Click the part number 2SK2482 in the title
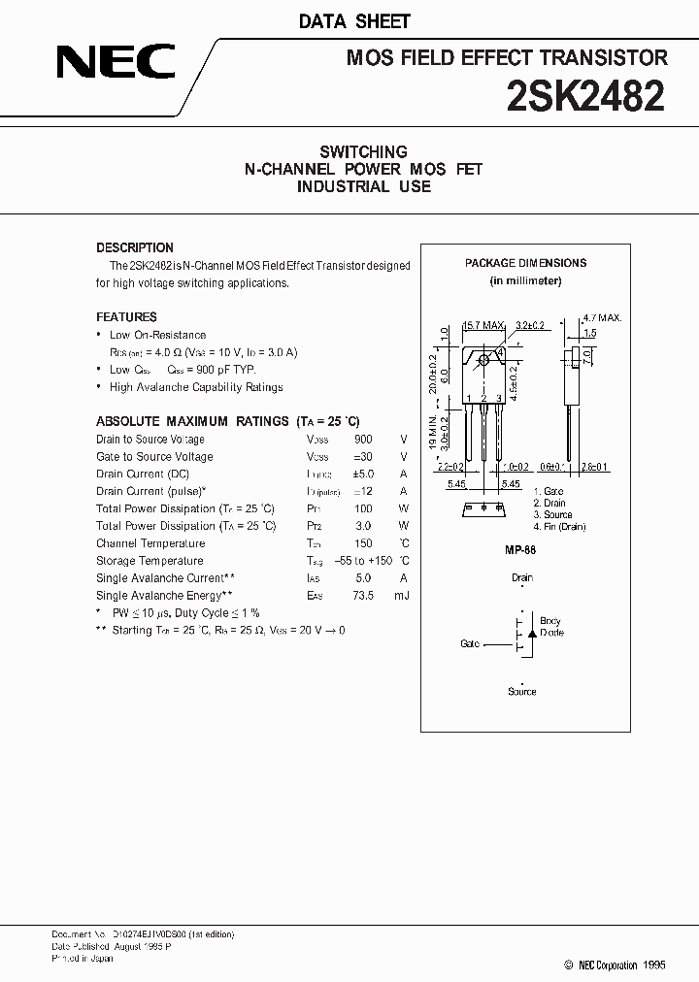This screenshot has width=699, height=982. click(586, 97)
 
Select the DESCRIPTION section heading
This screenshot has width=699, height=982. click(135, 247)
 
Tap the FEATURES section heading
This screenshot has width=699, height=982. click(126, 317)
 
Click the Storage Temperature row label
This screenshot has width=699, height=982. click(150, 561)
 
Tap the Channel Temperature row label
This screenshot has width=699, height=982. click(150, 543)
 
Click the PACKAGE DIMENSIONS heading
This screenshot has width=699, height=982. click(525, 263)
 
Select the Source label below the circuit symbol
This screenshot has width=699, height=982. click(522, 692)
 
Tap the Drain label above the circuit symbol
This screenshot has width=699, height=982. click(522, 578)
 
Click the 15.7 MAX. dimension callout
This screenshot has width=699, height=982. click(483, 325)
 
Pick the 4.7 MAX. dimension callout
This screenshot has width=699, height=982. click(602, 317)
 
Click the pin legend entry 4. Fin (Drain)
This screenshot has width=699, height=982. click(560, 527)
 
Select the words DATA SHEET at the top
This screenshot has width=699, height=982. click(368, 21)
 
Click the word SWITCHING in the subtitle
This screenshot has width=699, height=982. click(363, 152)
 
